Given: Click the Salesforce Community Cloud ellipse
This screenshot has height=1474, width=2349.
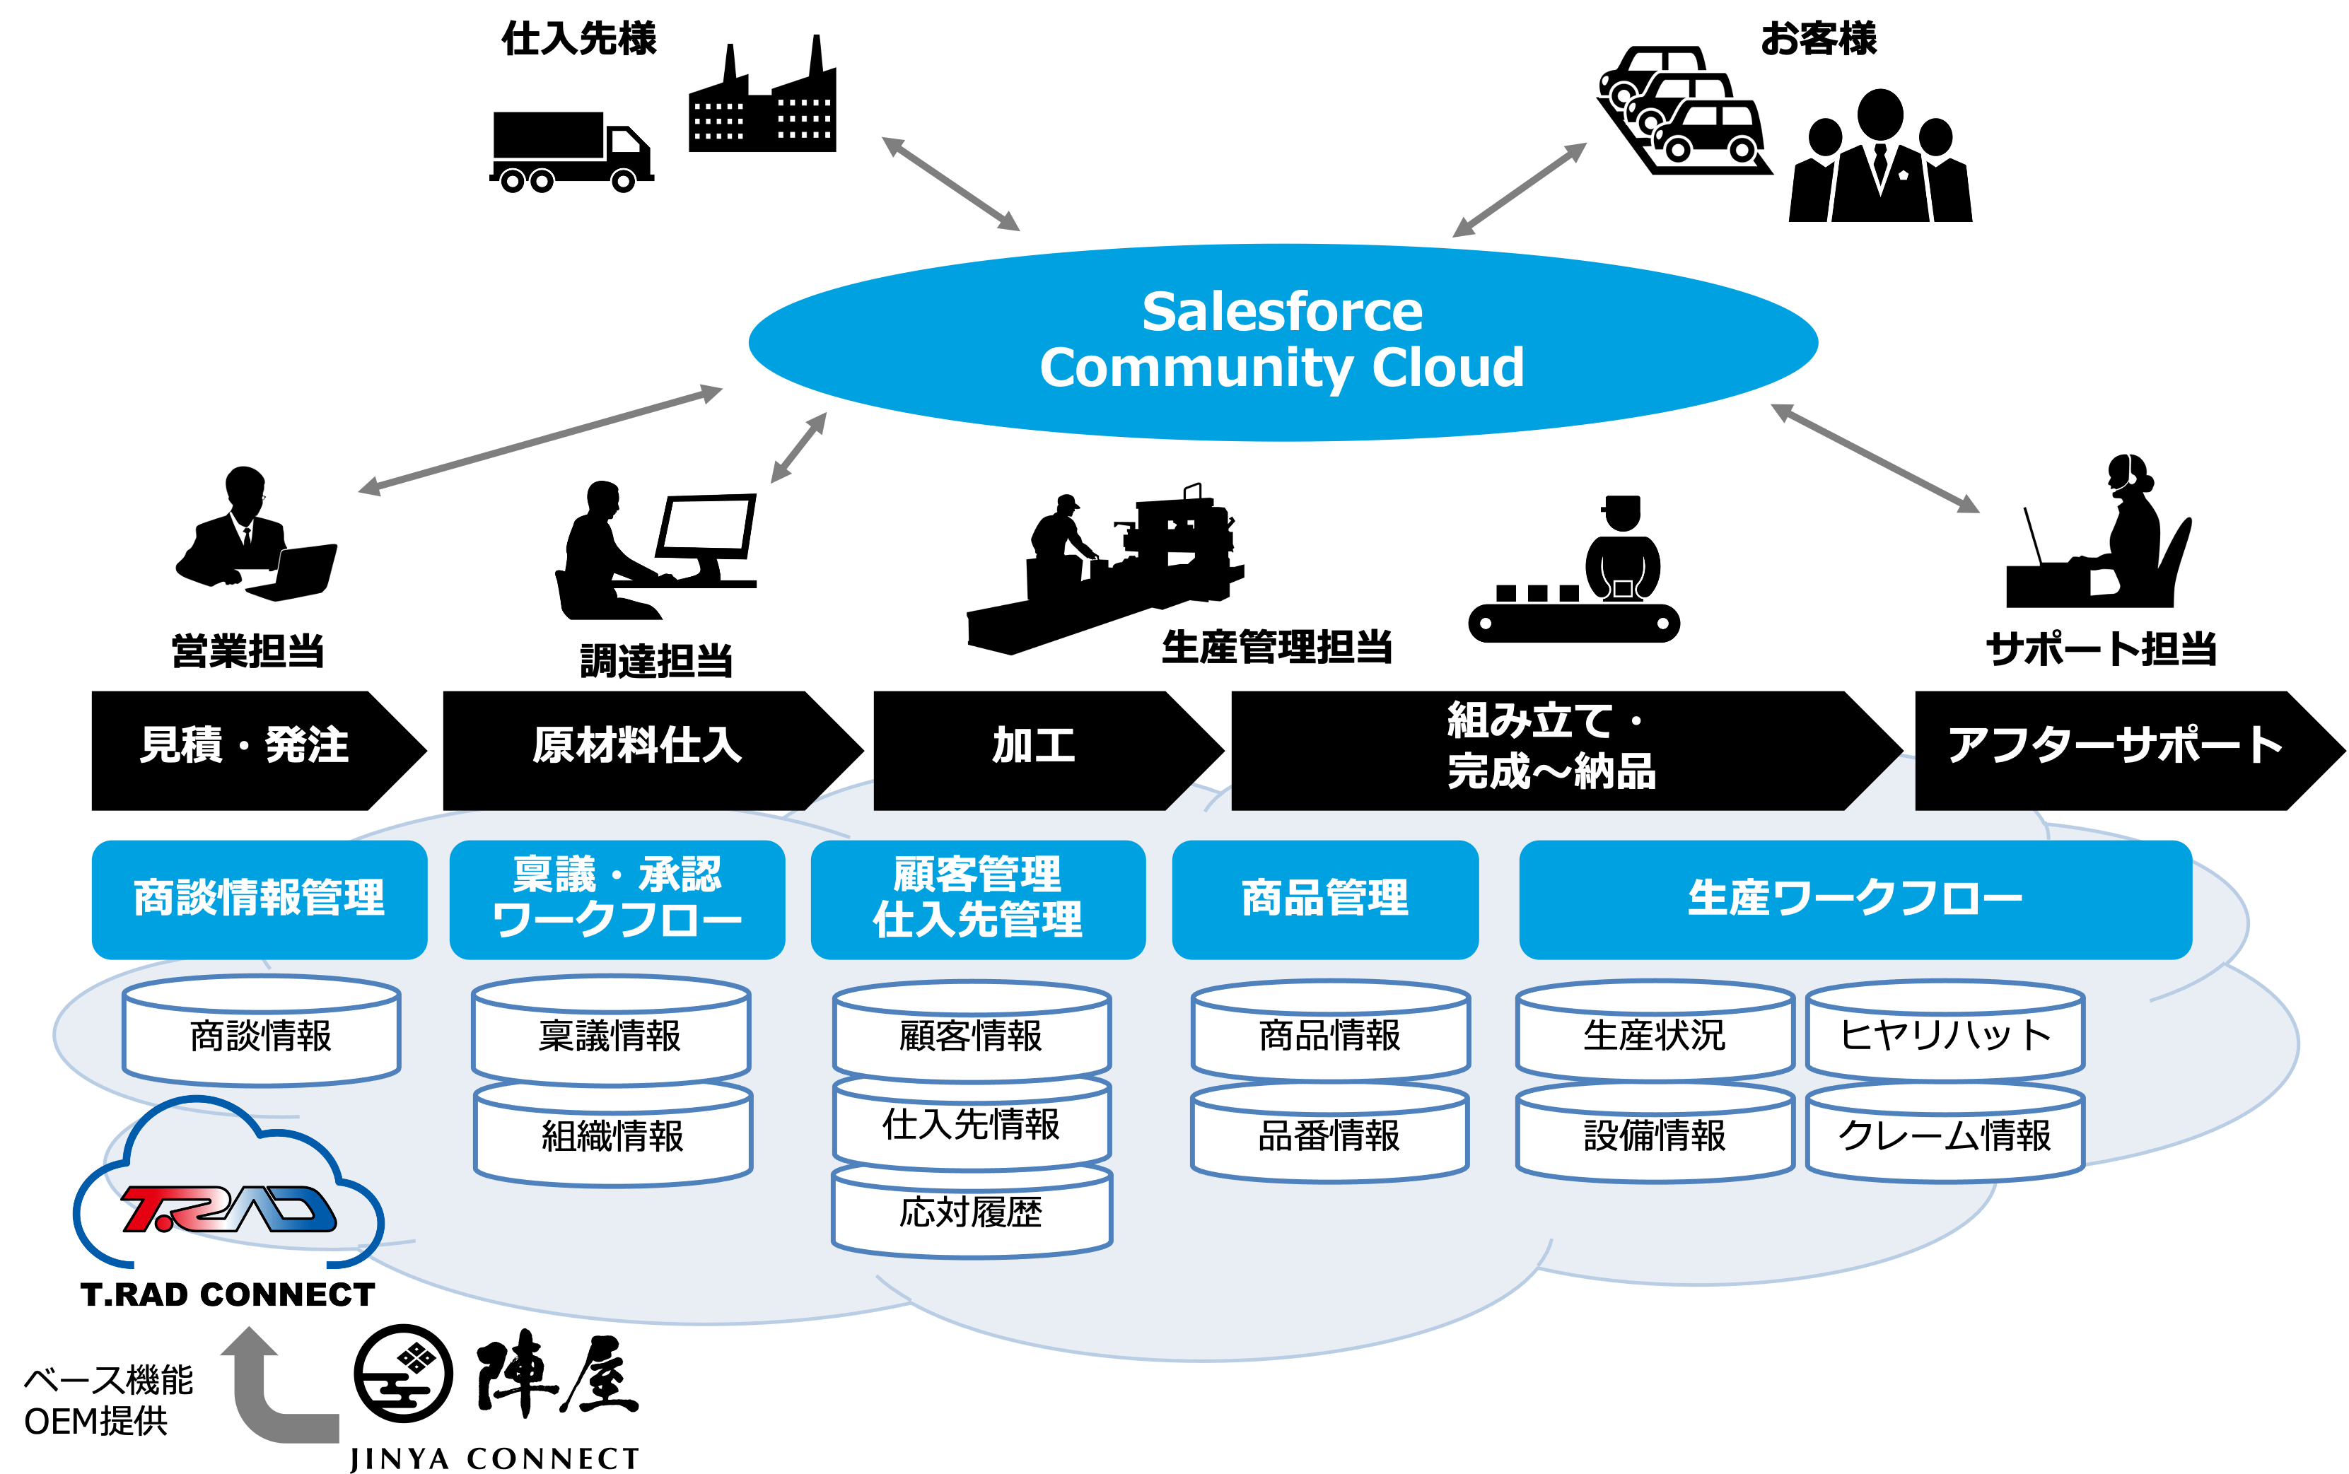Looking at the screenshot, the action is (x=1282, y=342).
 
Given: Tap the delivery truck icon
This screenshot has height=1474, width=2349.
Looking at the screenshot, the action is (x=571, y=152).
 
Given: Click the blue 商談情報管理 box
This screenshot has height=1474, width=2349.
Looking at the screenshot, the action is (x=260, y=899).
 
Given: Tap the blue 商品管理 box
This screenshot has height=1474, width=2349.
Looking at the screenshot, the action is (x=1325, y=899).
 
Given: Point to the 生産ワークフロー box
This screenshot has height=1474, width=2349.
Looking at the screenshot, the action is (x=1855, y=899).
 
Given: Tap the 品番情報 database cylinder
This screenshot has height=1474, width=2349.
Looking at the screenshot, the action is (x=1329, y=1133).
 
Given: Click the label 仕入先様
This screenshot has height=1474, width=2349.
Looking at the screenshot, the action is (x=579, y=39).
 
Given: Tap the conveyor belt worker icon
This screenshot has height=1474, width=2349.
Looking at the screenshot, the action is (x=1574, y=569).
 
